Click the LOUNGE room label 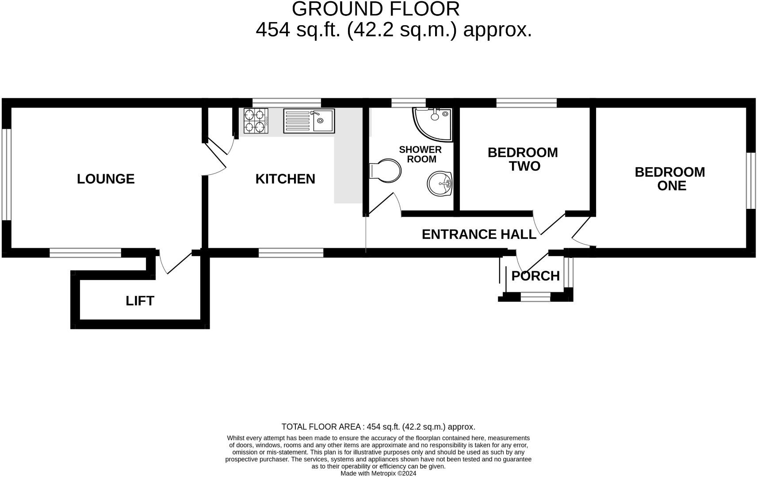(106, 179)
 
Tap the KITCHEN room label (285, 179)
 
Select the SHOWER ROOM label (420, 154)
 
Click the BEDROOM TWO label (523, 159)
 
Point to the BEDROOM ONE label (670, 178)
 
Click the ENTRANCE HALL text (479, 234)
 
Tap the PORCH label (535, 276)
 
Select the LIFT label (140, 301)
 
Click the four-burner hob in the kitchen (256, 121)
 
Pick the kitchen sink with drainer (309, 121)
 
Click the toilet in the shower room (385, 171)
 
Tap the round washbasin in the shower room (440, 183)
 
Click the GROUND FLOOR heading (375, 9)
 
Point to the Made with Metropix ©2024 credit (378, 473)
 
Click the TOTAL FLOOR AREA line (378, 427)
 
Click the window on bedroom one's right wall (751, 180)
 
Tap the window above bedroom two (526, 103)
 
